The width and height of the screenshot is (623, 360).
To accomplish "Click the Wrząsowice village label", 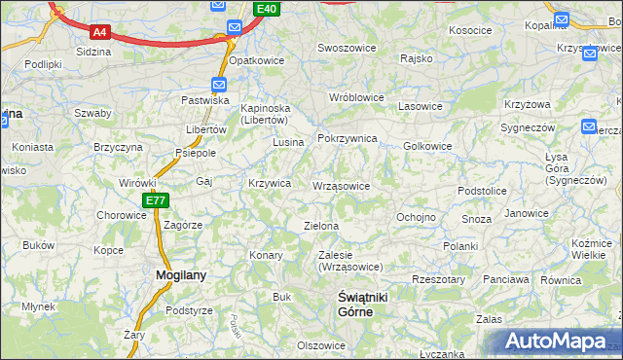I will [340, 186].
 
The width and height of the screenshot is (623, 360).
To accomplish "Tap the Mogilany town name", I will [181, 275].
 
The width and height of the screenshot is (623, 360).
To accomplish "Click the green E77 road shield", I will [156, 200].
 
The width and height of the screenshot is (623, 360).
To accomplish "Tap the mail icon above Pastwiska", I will [220, 85].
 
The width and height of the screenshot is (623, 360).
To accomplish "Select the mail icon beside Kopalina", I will [562, 19].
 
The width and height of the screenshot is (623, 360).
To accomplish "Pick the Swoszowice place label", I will [347, 48].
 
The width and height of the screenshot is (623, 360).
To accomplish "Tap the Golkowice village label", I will [426, 146].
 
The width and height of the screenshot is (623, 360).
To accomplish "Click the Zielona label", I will [321, 226].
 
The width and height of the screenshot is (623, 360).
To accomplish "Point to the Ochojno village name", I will [416, 217].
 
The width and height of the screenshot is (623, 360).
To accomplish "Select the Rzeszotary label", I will [439, 279].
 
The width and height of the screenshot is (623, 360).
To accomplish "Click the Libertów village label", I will [205, 130].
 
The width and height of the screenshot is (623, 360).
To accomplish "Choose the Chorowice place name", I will [121, 215].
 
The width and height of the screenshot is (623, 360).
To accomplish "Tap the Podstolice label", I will [482, 192].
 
